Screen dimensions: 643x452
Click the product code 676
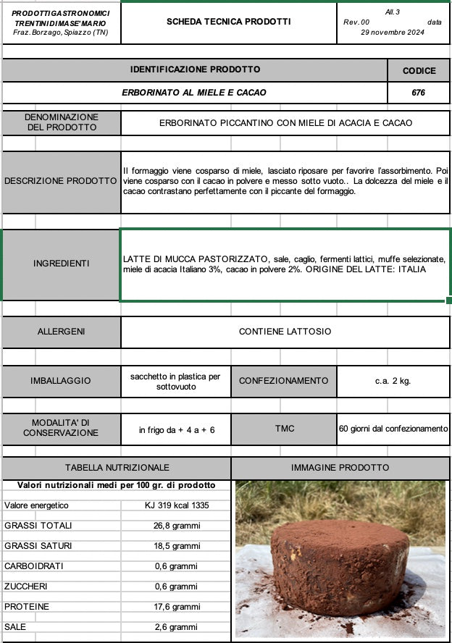click(x=419, y=93)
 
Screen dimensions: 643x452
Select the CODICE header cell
click(x=419, y=70)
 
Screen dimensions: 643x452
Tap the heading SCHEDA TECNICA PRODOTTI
click(x=229, y=22)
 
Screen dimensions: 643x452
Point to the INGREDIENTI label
click(x=62, y=264)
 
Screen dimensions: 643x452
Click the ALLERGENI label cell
click(x=62, y=332)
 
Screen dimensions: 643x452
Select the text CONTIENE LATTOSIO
click(x=285, y=332)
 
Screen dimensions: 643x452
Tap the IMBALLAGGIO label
click(x=61, y=381)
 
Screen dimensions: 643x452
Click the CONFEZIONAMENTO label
click(x=283, y=381)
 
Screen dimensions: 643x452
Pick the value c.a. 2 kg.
click(x=393, y=381)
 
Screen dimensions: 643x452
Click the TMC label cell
click(x=285, y=429)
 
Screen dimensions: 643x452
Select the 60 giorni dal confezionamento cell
click(x=393, y=429)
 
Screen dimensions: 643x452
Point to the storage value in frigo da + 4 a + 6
click(x=177, y=430)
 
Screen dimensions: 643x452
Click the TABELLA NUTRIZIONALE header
click(x=117, y=468)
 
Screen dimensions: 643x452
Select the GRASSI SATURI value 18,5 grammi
click(x=177, y=546)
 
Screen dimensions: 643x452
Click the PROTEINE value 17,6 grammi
click(x=177, y=607)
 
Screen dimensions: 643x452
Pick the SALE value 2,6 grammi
click(x=177, y=627)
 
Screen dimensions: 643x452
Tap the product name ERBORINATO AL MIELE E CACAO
click(x=194, y=93)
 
